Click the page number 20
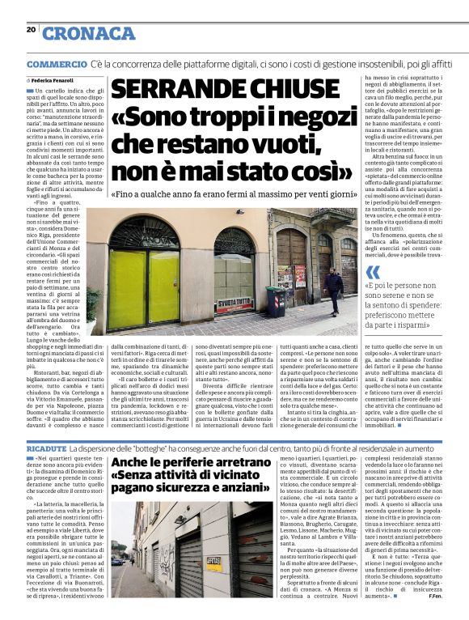[31, 29]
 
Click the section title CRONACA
[89, 33]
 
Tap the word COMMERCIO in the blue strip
[56, 63]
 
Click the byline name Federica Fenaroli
[52, 82]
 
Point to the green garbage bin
[276, 301]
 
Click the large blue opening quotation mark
[373, 273]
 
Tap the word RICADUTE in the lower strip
[45, 448]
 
